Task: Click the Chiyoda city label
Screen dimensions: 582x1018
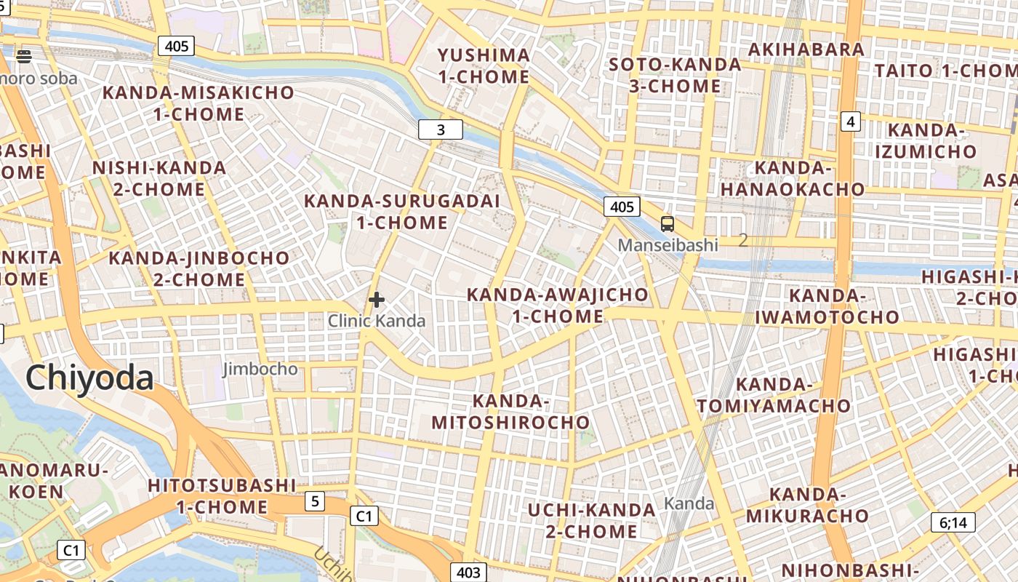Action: (x=89, y=378)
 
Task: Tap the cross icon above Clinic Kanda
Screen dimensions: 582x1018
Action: (x=376, y=299)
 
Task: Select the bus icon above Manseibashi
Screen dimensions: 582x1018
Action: (x=667, y=223)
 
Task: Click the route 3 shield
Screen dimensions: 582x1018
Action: (x=441, y=130)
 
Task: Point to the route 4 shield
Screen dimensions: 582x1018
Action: (x=850, y=121)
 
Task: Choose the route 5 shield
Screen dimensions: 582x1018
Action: (x=314, y=501)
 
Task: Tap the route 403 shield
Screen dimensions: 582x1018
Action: (x=468, y=573)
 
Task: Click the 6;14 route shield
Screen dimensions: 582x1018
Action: (x=953, y=522)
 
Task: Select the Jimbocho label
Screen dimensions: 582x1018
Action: (x=260, y=369)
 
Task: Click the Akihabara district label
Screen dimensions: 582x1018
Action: (x=806, y=49)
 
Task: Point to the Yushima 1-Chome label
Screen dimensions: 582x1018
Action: (x=484, y=66)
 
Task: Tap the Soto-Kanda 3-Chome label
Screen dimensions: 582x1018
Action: (x=675, y=76)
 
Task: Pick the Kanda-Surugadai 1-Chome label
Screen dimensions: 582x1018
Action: (x=402, y=212)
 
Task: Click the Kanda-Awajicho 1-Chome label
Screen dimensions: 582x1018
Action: (x=558, y=306)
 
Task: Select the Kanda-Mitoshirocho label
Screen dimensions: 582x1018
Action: (x=510, y=412)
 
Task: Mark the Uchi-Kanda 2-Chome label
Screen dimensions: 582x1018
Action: (x=592, y=521)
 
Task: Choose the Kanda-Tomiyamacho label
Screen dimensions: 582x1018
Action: (x=774, y=395)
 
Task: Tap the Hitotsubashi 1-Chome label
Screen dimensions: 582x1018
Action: (x=222, y=496)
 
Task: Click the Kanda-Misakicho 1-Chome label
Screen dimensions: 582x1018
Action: (x=199, y=103)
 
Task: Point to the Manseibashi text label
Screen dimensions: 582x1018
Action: (x=668, y=245)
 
